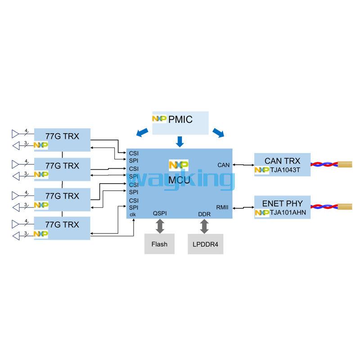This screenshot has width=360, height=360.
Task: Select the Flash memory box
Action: pos(159,244)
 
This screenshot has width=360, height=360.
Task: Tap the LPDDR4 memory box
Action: pos(205,244)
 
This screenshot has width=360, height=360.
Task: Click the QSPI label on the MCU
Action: pos(160,213)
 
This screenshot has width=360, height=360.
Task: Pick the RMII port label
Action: pos(222,207)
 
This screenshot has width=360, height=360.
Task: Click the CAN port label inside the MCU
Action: pos(223,165)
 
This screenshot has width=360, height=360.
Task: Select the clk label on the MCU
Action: pos(133,214)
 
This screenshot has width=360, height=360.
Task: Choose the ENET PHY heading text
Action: pos(282,203)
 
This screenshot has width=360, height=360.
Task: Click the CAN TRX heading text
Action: pos(282,161)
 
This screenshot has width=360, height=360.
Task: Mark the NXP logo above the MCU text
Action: pos(179,165)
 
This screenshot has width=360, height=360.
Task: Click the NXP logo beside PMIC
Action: pos(159,119)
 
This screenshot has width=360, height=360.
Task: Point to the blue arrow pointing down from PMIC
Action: pos(180,141)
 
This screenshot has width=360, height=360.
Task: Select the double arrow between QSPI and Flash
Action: pos(160,226)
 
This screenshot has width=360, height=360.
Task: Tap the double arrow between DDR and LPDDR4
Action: pos(204,226)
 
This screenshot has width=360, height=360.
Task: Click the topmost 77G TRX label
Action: pos(62,135)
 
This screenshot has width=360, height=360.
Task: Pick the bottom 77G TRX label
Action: pos(62,224)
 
